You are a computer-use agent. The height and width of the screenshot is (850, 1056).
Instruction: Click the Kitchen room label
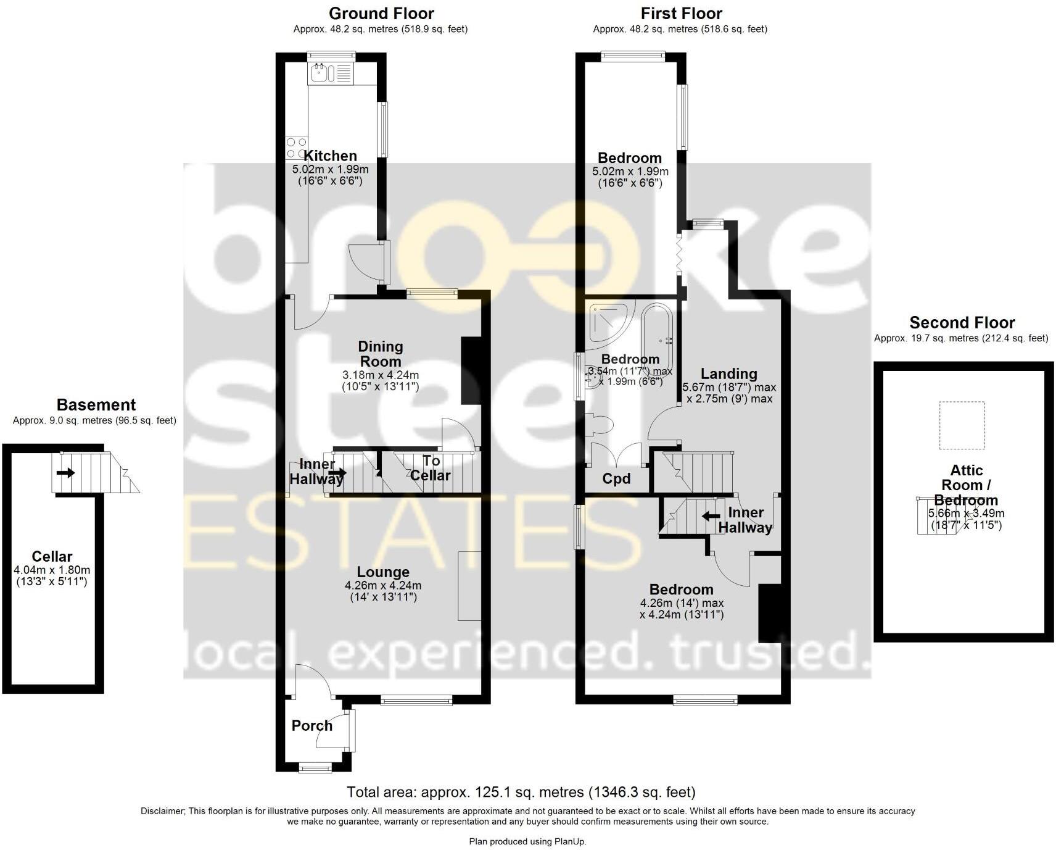(330, 156)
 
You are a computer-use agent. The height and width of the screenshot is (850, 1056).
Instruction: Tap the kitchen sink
(320, 74)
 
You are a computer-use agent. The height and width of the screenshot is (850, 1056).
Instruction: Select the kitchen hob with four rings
(296, 148)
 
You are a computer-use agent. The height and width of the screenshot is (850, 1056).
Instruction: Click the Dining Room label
(381, 354)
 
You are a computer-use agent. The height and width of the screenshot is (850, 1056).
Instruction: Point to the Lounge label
(383, 572)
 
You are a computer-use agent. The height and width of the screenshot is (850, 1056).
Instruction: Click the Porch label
(311, 725)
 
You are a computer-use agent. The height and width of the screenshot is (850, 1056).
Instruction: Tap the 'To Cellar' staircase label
(431, 468)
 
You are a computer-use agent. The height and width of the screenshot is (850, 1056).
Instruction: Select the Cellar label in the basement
(52, 556)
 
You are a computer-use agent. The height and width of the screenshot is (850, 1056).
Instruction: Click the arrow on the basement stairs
(65, 473)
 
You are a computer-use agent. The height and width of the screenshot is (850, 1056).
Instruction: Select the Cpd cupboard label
(616, 479)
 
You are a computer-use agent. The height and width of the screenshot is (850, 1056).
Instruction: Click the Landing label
(728, 373)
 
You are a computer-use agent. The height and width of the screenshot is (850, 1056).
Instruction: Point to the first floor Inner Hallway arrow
(711, 515)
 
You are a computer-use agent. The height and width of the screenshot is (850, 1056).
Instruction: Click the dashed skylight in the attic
(962, 425)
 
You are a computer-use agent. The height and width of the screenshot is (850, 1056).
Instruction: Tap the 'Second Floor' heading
(962, 322)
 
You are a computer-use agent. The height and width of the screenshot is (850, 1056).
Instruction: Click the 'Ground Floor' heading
(381, 13)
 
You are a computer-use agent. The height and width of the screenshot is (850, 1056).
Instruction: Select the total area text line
(521, 792)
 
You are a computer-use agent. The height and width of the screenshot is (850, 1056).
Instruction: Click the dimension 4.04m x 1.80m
(52, 570)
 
